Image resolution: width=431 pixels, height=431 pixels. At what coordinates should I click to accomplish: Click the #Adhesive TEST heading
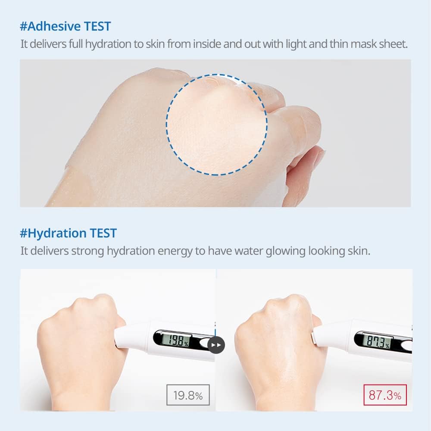click(65, 26)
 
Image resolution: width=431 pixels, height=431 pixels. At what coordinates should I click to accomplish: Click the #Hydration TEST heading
click(68, 233)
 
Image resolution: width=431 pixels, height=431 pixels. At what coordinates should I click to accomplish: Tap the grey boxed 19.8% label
click(188, 395)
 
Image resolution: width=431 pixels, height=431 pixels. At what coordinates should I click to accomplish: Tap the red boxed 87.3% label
click(385, 395)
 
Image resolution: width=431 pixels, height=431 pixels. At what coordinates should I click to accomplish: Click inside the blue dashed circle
click(217, 124)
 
